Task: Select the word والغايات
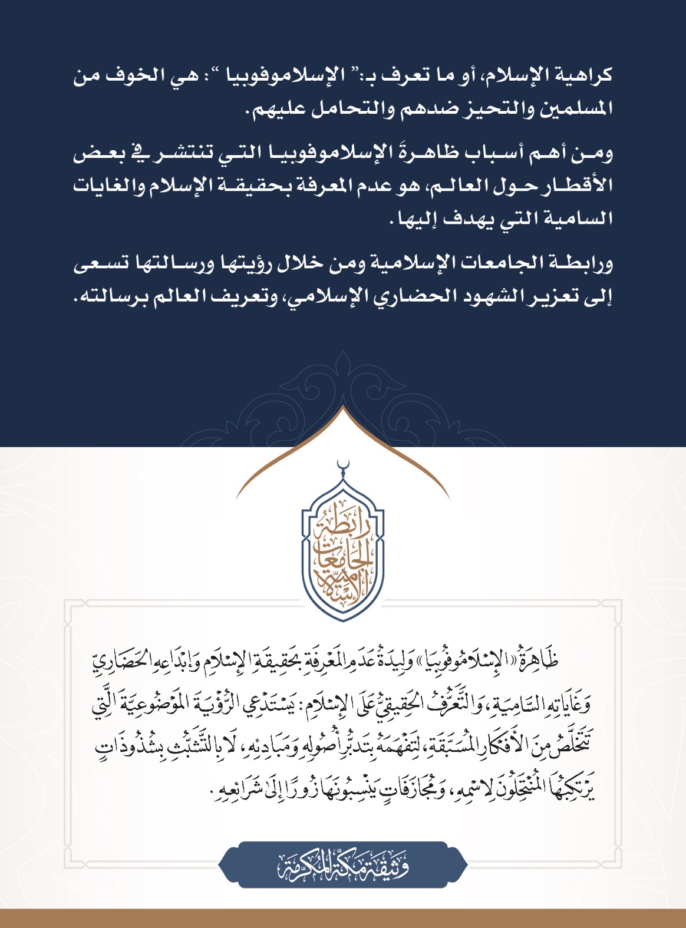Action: pyautogui.click(x=108, y=186)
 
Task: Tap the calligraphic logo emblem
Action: pyautogui.click(x=342, y=551)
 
